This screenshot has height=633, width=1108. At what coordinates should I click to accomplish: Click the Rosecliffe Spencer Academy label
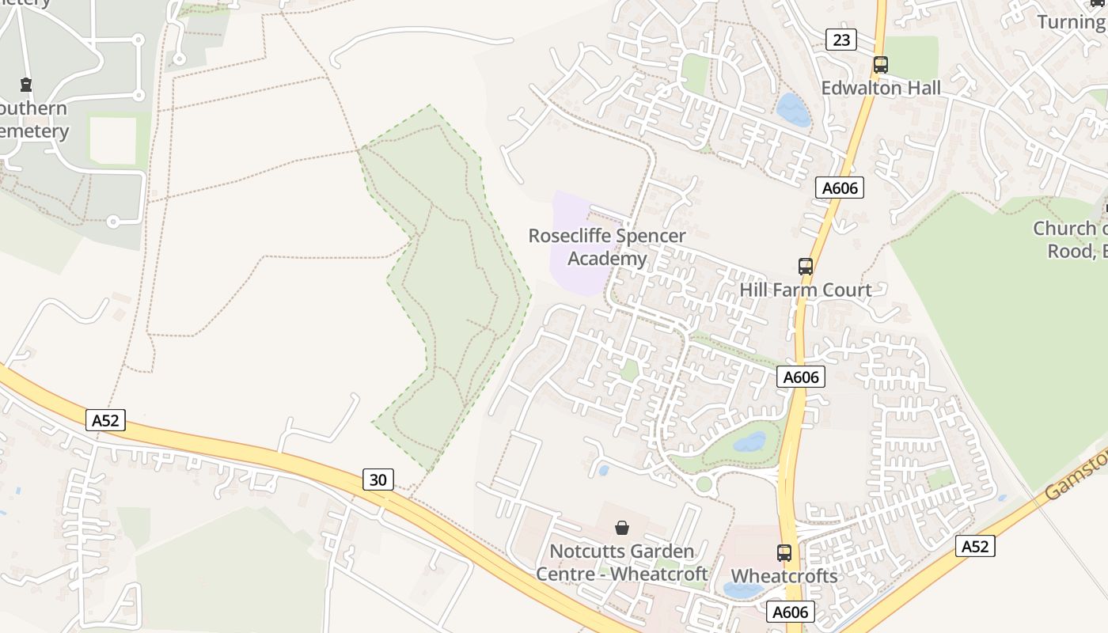pyautogui.click(x=607, y=247)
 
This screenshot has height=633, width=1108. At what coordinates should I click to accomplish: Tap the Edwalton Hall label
pyautogui.click(x=881, y=88)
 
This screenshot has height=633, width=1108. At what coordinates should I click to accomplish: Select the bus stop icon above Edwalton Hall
pyautogui.click(x=880, y=65)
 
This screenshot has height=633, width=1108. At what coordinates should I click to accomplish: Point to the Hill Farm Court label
pyautogui.click(x=805, y=290)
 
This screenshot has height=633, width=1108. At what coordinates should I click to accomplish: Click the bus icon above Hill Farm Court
pyautogui.click(x=806, y=267)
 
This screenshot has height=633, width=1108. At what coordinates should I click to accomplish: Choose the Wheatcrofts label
pyautogui.click(x=784, y=576)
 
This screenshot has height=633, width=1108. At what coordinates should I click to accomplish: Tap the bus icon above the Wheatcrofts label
pyautogui.click(x=784, y=553)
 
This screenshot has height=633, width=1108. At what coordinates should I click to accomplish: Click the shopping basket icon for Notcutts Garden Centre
pyautogui.click(x=622, y=527)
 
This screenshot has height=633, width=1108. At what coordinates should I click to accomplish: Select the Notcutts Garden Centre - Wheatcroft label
pyautogui.click(x=622, y=562)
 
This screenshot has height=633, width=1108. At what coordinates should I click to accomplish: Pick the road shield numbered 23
pyautogui.click(x=840, y=40)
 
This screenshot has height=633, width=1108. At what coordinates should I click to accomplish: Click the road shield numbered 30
pyautogui.click(x=378, y=479)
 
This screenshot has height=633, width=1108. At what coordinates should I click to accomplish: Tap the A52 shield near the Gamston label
pyautogui.click(x=974, y=546)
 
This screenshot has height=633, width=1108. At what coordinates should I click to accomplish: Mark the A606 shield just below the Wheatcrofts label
pyautogui.click(x=790, y=612)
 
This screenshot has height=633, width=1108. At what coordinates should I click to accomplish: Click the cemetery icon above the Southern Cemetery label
pyautogui.click(x=26, y=85)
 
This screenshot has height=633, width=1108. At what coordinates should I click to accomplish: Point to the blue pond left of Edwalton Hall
pyautogui.click(x=792, y=110)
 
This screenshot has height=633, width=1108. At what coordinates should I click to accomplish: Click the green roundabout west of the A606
pyautogui.click(x=704, y=484)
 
